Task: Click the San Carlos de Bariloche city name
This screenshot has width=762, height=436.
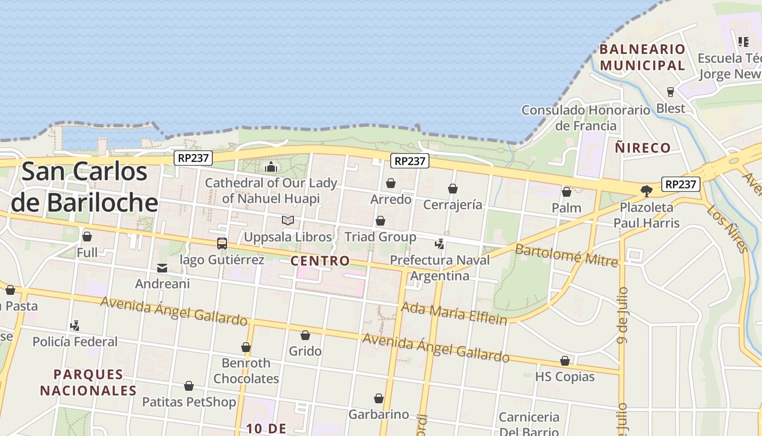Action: (x=84, y=187)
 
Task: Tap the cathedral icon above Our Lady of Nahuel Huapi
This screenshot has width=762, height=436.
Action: (x=271, y=166)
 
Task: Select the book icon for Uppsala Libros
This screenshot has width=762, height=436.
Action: (x=287, y=221)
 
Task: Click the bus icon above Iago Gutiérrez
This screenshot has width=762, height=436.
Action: (x=222, y=244)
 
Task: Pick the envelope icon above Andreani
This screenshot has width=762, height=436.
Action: (x=162, y=268)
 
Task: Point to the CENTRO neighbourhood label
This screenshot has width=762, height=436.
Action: (x=320, y=261)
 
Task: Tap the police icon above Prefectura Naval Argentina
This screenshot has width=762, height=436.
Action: (x=439, y=244)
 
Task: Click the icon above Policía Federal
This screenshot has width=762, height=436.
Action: (x=75, y=326)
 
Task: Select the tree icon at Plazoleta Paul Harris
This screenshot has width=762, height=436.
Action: (x=646, y=191)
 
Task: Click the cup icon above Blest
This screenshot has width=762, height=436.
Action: (x=671, y=92)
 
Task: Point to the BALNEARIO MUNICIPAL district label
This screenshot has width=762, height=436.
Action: (x=642, y=57)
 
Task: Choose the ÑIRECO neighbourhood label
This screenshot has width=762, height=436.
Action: (x=642, y=148)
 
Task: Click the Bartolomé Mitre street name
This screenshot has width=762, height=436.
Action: (x=566, y=255)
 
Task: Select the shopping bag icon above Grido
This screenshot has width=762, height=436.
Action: (x=305, y=335)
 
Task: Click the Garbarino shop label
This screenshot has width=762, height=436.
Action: (x=378, y=415)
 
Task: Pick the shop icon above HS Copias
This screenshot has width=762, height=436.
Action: (x=564, y=361)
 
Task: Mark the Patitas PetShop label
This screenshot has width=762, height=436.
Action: (x=189, y=402)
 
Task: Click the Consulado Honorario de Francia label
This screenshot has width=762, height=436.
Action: (x=586, y=118)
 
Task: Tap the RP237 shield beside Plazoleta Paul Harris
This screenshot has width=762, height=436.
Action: (x=680, y=184)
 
